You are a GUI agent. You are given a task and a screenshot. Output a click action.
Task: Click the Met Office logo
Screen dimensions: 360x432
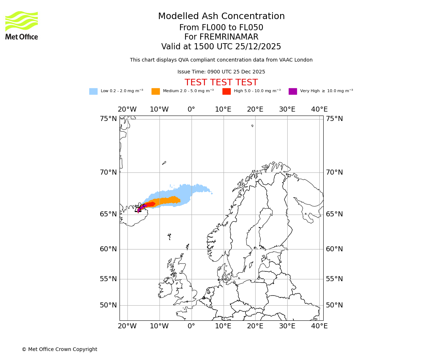point(22,25)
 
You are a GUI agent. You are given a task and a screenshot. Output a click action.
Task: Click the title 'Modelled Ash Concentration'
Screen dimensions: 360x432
point(221,17)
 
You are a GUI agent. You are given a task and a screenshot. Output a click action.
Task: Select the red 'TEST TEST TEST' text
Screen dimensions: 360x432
point(221,82)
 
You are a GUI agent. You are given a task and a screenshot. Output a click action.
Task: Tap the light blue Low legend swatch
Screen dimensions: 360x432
point(93,91)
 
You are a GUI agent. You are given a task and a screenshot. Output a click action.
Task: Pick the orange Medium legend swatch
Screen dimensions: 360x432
point(156,91)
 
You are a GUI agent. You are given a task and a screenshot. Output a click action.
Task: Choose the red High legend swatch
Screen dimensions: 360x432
point(226,91)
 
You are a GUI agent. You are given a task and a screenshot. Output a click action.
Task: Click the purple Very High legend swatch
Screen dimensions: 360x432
point(293,91)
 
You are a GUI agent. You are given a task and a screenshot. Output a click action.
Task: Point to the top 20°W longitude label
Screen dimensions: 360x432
point(127,109)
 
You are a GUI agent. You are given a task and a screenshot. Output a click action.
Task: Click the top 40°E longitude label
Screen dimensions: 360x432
point(319,109)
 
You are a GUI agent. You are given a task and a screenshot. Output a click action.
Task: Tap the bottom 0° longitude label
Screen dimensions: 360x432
point(191,326)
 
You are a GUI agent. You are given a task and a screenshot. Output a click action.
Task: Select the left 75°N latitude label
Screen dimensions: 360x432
point(108,119)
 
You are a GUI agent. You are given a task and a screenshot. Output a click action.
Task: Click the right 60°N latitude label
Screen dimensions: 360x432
point(334,249)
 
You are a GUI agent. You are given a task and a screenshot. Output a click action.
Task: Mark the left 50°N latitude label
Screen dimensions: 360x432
point(108,305)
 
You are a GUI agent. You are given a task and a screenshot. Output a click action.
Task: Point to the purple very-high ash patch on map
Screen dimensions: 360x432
point(139,209)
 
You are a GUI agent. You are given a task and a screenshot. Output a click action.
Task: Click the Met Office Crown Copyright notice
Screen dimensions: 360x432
point(59,349)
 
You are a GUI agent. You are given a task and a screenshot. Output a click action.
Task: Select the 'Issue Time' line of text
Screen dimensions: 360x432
point(221,72)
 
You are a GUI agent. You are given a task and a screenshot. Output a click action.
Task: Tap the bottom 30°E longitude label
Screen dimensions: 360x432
point(287,326)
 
